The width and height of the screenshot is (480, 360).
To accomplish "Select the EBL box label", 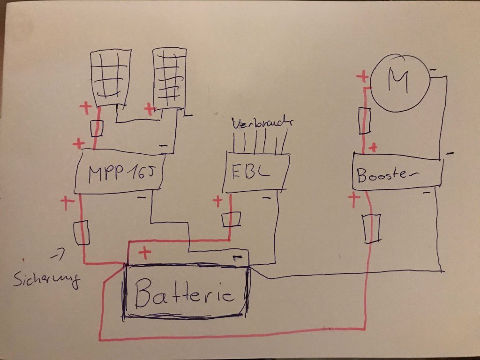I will [x=251, y=172].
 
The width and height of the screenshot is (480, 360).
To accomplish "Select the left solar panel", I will [x=111, y=78].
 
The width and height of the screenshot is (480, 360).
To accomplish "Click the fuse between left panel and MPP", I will [x=97, y=128].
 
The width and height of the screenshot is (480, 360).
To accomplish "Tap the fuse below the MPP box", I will [x=82, y=232].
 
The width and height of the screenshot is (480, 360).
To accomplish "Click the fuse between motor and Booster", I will [x=364, y=120].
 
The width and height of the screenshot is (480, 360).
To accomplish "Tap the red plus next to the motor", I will [x=362, y=77].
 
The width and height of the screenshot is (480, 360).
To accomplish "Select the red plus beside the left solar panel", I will [x=86, y=109].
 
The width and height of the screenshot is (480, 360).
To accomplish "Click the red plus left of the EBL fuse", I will [x=217, y=201].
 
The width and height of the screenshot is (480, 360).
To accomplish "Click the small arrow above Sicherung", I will [x=58, y=256].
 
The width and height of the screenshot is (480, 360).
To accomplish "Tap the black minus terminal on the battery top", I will [x=237, y=257].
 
